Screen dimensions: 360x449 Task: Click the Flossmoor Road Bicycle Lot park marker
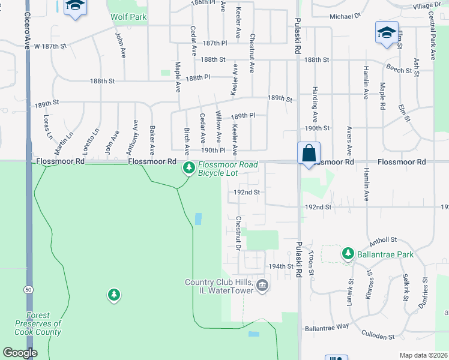coord(188,167)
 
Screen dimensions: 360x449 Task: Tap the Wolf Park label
coord(128,17)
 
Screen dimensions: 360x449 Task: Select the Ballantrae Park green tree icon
coord(348,254)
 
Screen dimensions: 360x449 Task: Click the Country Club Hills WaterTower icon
coord(262,286)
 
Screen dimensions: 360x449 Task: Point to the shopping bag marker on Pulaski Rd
coord(309,153)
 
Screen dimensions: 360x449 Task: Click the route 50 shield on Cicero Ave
coord(28,289)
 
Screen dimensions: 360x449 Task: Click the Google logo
coord(20,353)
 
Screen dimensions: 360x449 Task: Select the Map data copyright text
coord(423,355)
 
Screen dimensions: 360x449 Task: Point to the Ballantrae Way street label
coord(327,327)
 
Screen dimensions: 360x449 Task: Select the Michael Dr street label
coord(346,17)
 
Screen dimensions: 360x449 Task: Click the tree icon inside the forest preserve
coord(113,295)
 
